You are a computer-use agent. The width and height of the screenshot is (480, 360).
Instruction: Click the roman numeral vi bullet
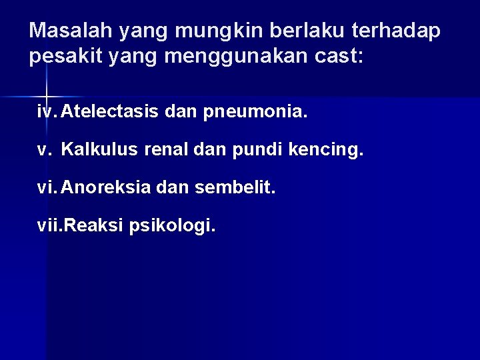[x=46, y=188]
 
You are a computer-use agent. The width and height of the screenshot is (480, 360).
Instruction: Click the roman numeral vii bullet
[x=48, y=227]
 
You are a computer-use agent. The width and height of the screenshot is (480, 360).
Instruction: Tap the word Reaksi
[x=91, y=227]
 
